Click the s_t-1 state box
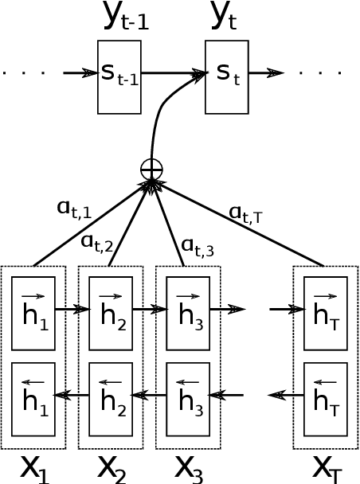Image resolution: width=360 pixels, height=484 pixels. [119, 76]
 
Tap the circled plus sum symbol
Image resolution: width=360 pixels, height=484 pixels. [151, 169]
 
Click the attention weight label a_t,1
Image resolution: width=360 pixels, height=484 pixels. [74, 209]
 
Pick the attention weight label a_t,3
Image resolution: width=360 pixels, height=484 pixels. [198, 247]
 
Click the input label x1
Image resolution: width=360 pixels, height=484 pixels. [34, 467]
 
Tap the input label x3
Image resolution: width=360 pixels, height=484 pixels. [188, 467]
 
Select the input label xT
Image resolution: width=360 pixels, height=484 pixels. [325, 467]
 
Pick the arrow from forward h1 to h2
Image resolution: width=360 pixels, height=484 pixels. [72, 309]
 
